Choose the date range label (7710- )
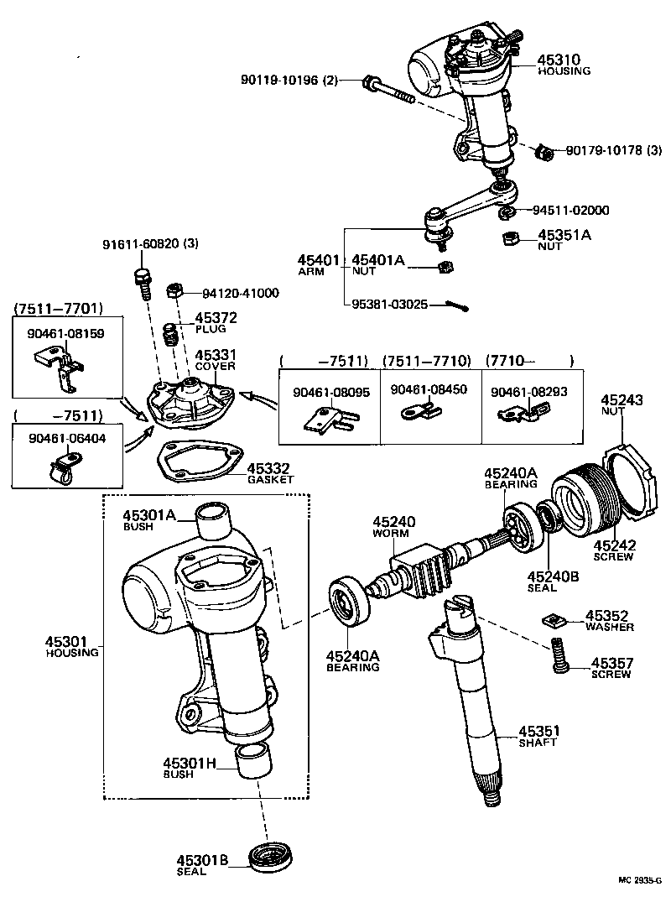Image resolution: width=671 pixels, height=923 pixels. [x=530, y=361]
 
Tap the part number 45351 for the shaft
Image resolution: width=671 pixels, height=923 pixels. [x=538, y=730]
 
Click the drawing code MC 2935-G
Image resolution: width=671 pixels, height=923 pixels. [x=639, y=880]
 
